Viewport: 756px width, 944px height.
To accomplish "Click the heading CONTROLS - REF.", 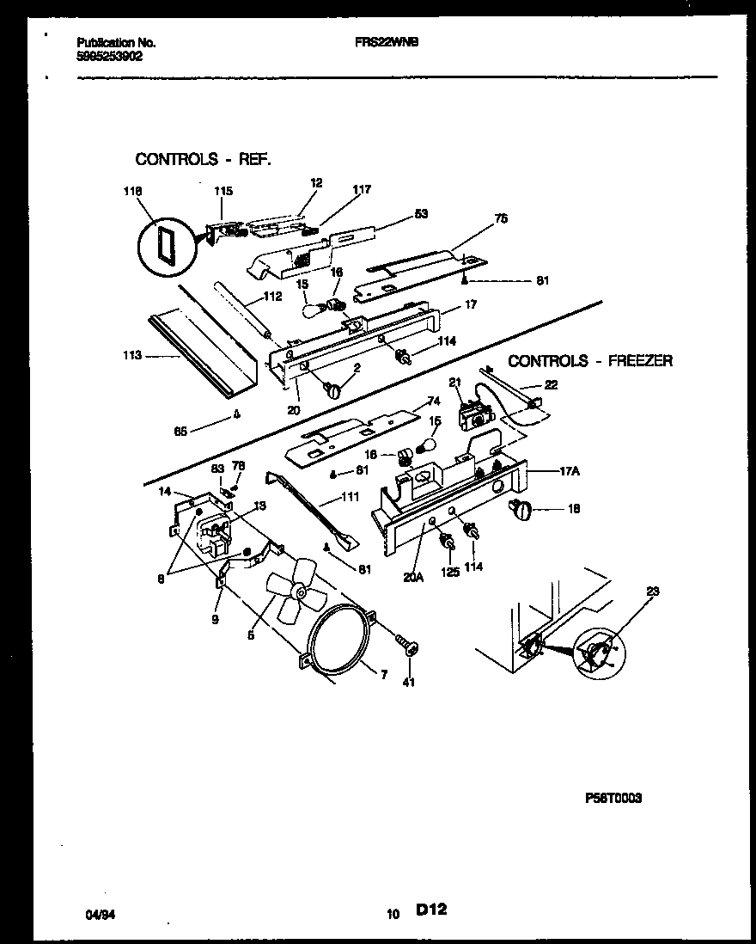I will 203,159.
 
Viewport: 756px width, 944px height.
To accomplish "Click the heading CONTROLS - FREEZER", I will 590,361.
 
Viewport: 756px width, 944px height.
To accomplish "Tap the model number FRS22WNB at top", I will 387,42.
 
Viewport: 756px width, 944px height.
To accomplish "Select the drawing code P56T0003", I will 613,798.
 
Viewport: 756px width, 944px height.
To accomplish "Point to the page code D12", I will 434,910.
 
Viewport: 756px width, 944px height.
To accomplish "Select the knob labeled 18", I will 521,511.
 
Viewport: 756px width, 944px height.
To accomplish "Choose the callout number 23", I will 654,591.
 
